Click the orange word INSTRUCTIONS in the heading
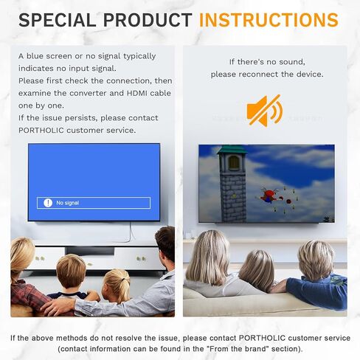(269, 20)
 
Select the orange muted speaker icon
(265, 111)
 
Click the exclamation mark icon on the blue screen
(48, 203)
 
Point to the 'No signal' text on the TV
(68, 203)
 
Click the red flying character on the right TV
(269, 196)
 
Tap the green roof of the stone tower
(232, 150)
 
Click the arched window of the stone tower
(234, 163)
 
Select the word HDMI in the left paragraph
(137, 93)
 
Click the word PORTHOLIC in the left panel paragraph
(41, 130)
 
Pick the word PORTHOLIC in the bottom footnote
(262, 338)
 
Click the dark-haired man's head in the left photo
(165, 243)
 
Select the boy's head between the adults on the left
(71, 271)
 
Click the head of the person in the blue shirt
(315, 260)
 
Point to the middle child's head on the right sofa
(256, 270)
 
